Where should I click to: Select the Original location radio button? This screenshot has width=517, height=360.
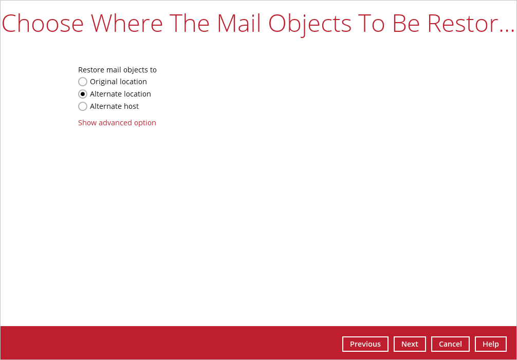[83, 82]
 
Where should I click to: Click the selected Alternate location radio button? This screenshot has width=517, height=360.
[83, 94]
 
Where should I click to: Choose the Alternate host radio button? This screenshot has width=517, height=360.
[83, 106]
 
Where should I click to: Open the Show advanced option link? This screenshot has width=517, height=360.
[117, 123]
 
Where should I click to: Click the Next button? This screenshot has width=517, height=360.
[410, 344]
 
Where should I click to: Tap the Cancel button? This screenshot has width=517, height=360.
[450, 344]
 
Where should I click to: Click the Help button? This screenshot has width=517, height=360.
[491, 344]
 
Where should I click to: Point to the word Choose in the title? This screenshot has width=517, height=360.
[43, 24]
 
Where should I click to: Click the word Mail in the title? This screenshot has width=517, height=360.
[239, 23]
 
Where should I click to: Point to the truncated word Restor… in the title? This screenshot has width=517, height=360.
[471, 24]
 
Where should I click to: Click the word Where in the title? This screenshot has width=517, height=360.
[127, 24]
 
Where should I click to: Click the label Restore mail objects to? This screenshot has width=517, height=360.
[117, 70]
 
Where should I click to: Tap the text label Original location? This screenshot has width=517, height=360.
[118, 82]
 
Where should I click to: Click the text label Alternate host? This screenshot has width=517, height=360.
[115, 106]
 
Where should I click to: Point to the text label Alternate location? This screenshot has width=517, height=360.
[120, 94]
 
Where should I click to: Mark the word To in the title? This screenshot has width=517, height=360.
[372, 24]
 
